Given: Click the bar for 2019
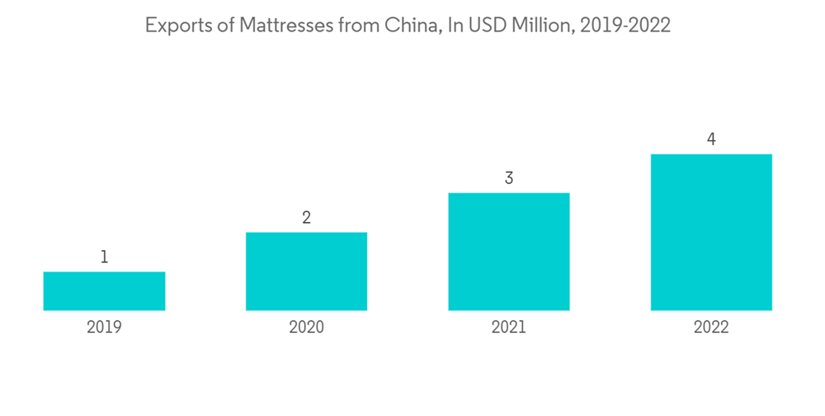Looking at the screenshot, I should point(104,291).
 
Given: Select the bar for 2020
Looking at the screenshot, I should point(306,271).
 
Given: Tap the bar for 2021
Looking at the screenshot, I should point(509,251).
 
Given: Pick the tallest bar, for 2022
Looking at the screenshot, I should point(711,232).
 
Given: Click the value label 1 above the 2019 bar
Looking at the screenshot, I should point(104,258).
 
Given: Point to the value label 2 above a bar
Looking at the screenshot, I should point(306,218).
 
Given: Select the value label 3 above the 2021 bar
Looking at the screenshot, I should point(509,178).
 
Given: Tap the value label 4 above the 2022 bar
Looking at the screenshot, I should point(711,139).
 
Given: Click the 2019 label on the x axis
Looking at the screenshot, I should point(104,327).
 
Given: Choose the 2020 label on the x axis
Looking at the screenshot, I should point(306,327).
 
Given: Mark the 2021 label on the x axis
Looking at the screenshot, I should point(509,327).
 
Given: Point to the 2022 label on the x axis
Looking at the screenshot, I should point(711,327).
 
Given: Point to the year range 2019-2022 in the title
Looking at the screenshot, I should point(625,26).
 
